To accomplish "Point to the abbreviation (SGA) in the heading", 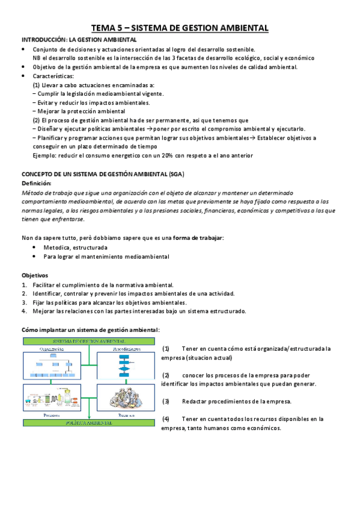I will point(176,174).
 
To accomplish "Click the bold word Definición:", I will point(37,183).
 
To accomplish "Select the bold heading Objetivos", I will point(35,275).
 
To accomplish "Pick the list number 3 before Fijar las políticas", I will point(23,303).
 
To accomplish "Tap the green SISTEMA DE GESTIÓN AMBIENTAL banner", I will point(89,340).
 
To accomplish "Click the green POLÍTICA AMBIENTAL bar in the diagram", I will point(89,423).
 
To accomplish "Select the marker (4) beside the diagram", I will point(166,419).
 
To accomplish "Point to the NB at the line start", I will point(37,58).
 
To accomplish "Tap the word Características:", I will point(53,76).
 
